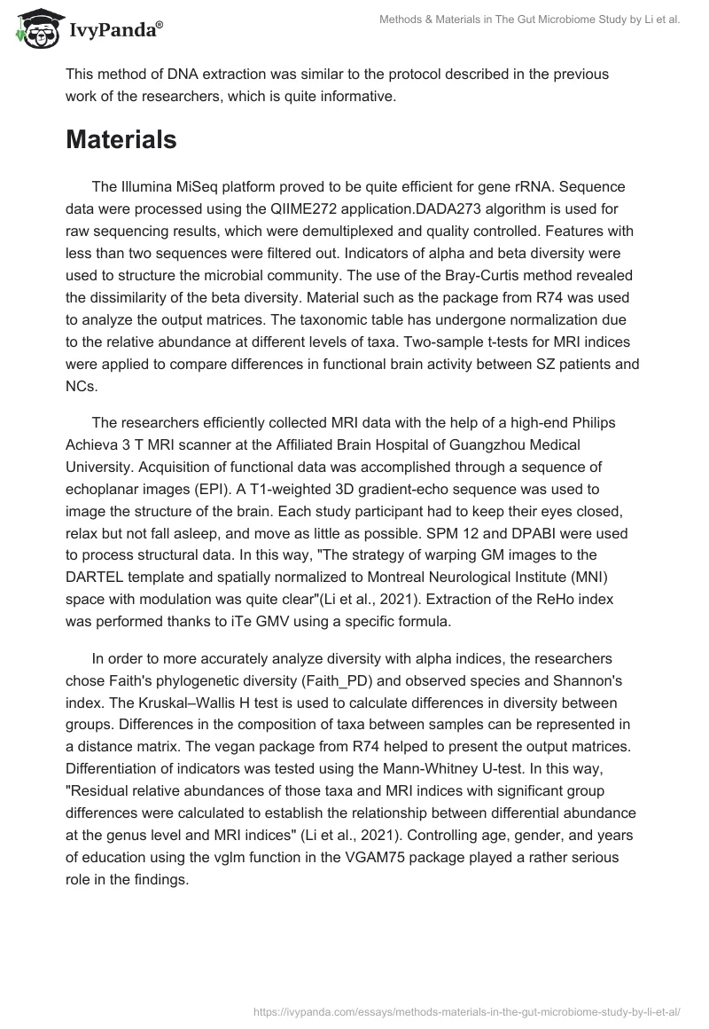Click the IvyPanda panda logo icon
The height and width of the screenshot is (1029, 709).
coord(35,29)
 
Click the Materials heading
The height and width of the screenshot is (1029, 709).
coord(121,140)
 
